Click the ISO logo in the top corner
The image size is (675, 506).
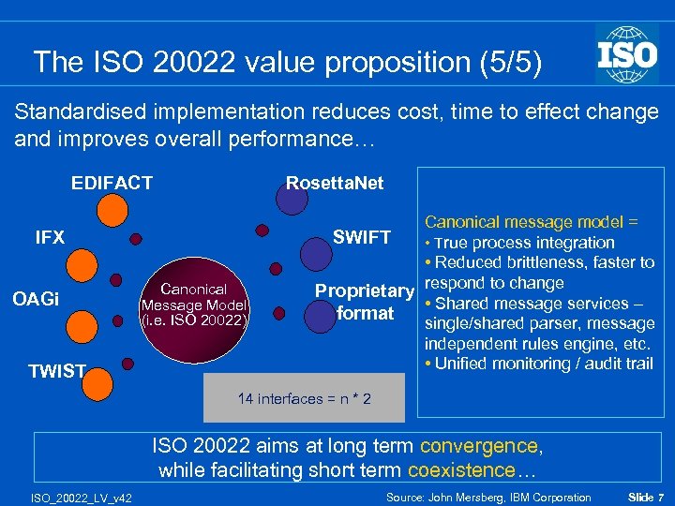pos(627,53)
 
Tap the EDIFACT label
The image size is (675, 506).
pos(112,183)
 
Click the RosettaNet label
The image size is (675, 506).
pos(335,183)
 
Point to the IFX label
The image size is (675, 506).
pos(50,237)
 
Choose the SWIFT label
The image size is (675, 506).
pos(362,237)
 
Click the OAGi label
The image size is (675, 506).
pos(37,300)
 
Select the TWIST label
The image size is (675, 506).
pos(56,371)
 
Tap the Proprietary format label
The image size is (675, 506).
pos(365,302)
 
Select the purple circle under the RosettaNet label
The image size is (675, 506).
pos(292,197)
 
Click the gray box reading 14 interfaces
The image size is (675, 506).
pos(304,399)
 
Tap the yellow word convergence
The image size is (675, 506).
pos(479,446)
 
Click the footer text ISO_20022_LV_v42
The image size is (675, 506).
pos(79,498)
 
